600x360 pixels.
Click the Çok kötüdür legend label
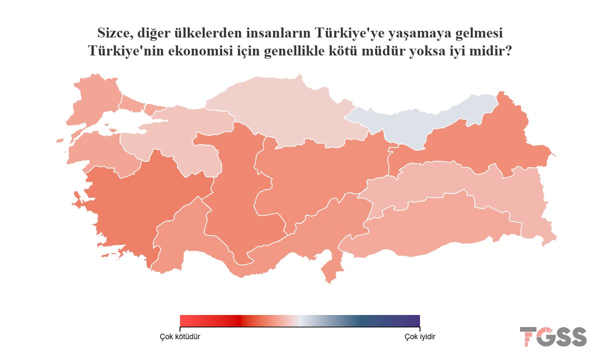[x=180, y=336]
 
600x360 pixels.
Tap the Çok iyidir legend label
[x=419, y=336]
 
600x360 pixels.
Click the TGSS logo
[x=553, y=336]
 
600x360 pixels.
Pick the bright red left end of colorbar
[x=183, y=320]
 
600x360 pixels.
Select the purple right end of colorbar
[x=416, y=320]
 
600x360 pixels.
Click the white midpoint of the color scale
[x=299, y=320]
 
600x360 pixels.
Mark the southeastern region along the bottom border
[x=440, y=230]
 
